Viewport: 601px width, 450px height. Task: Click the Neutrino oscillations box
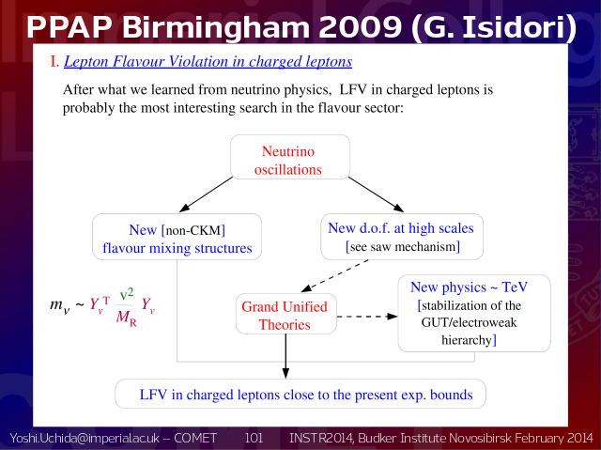click(x=290, y=157)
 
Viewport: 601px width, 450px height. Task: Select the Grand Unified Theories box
click(x=285, y=314)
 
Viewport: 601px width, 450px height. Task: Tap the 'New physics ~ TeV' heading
click(x=469, y=287)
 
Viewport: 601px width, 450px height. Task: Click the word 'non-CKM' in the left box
click(x=193, y=230)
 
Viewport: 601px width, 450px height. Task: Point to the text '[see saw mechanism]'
click(x=403, y=246)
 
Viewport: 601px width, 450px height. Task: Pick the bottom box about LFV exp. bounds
click(x=300, y=394)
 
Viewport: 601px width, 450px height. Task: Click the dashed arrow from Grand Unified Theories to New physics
click(x=367, y=317)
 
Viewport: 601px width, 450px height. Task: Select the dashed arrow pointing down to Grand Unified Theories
click(x=334, y=275)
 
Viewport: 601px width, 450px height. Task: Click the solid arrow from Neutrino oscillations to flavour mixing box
click(x=206, y=194)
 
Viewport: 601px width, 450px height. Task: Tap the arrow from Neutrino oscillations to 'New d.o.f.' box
click(x=376, y=194)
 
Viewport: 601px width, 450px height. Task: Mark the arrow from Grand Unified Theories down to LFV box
click(x=285, y=356)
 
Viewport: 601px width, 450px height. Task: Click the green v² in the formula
click(x=127, y=294)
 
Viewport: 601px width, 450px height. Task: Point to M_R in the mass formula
click(x=127, y=318)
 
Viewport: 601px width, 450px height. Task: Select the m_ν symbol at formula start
click(x=60, y=305)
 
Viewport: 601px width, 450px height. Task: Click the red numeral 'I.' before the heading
click(x=54, y=61)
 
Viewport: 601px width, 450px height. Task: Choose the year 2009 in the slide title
click(x=361, y=27)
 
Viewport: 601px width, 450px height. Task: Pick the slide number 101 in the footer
click(x=254, y=438)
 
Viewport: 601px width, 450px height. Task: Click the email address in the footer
click(x=85, y=438)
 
